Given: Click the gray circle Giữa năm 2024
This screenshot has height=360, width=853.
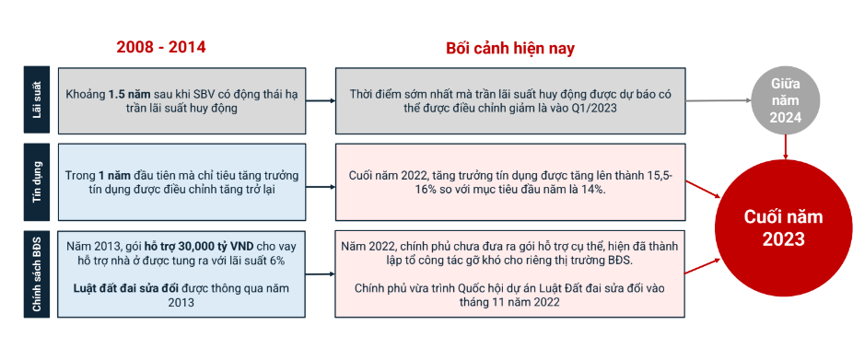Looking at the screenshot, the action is [785, 99].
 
